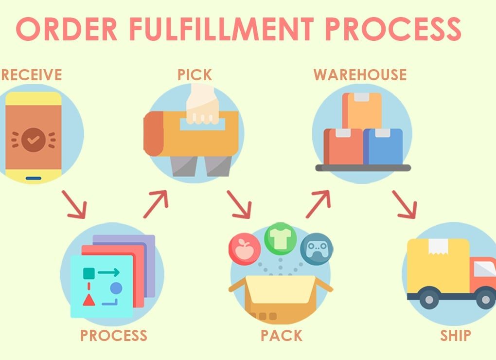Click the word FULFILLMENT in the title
(221, 29)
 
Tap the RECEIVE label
(31, 74)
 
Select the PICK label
(195, 74)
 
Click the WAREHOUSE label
(360, 74)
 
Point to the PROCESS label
(114, 335)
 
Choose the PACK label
(281, 335)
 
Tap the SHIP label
(456, 335)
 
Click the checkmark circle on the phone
(33, 140)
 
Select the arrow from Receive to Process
(74, 204)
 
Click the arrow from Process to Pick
(156, 204)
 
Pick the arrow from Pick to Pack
(239, 204)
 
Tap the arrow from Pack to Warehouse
(318, 204)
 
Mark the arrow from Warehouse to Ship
(405, 204)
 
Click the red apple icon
(245, 249)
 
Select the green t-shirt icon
(280, 238)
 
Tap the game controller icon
(317, 249)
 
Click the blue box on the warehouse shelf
(383, 146)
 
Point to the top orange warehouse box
(362, 111)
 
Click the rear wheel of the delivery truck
(429, 299)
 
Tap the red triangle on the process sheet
(89, 300)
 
